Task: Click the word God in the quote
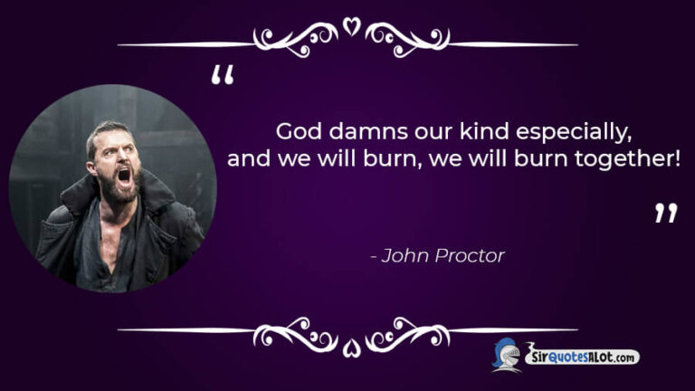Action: [x=294, y=131]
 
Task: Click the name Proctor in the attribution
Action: [x=469, y=255]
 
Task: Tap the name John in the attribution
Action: [x=404, y=255]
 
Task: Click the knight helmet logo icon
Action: [x=506, y=355]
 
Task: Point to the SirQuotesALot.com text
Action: [x=583, y=358]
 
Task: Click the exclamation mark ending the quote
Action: [x=676, y=158]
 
